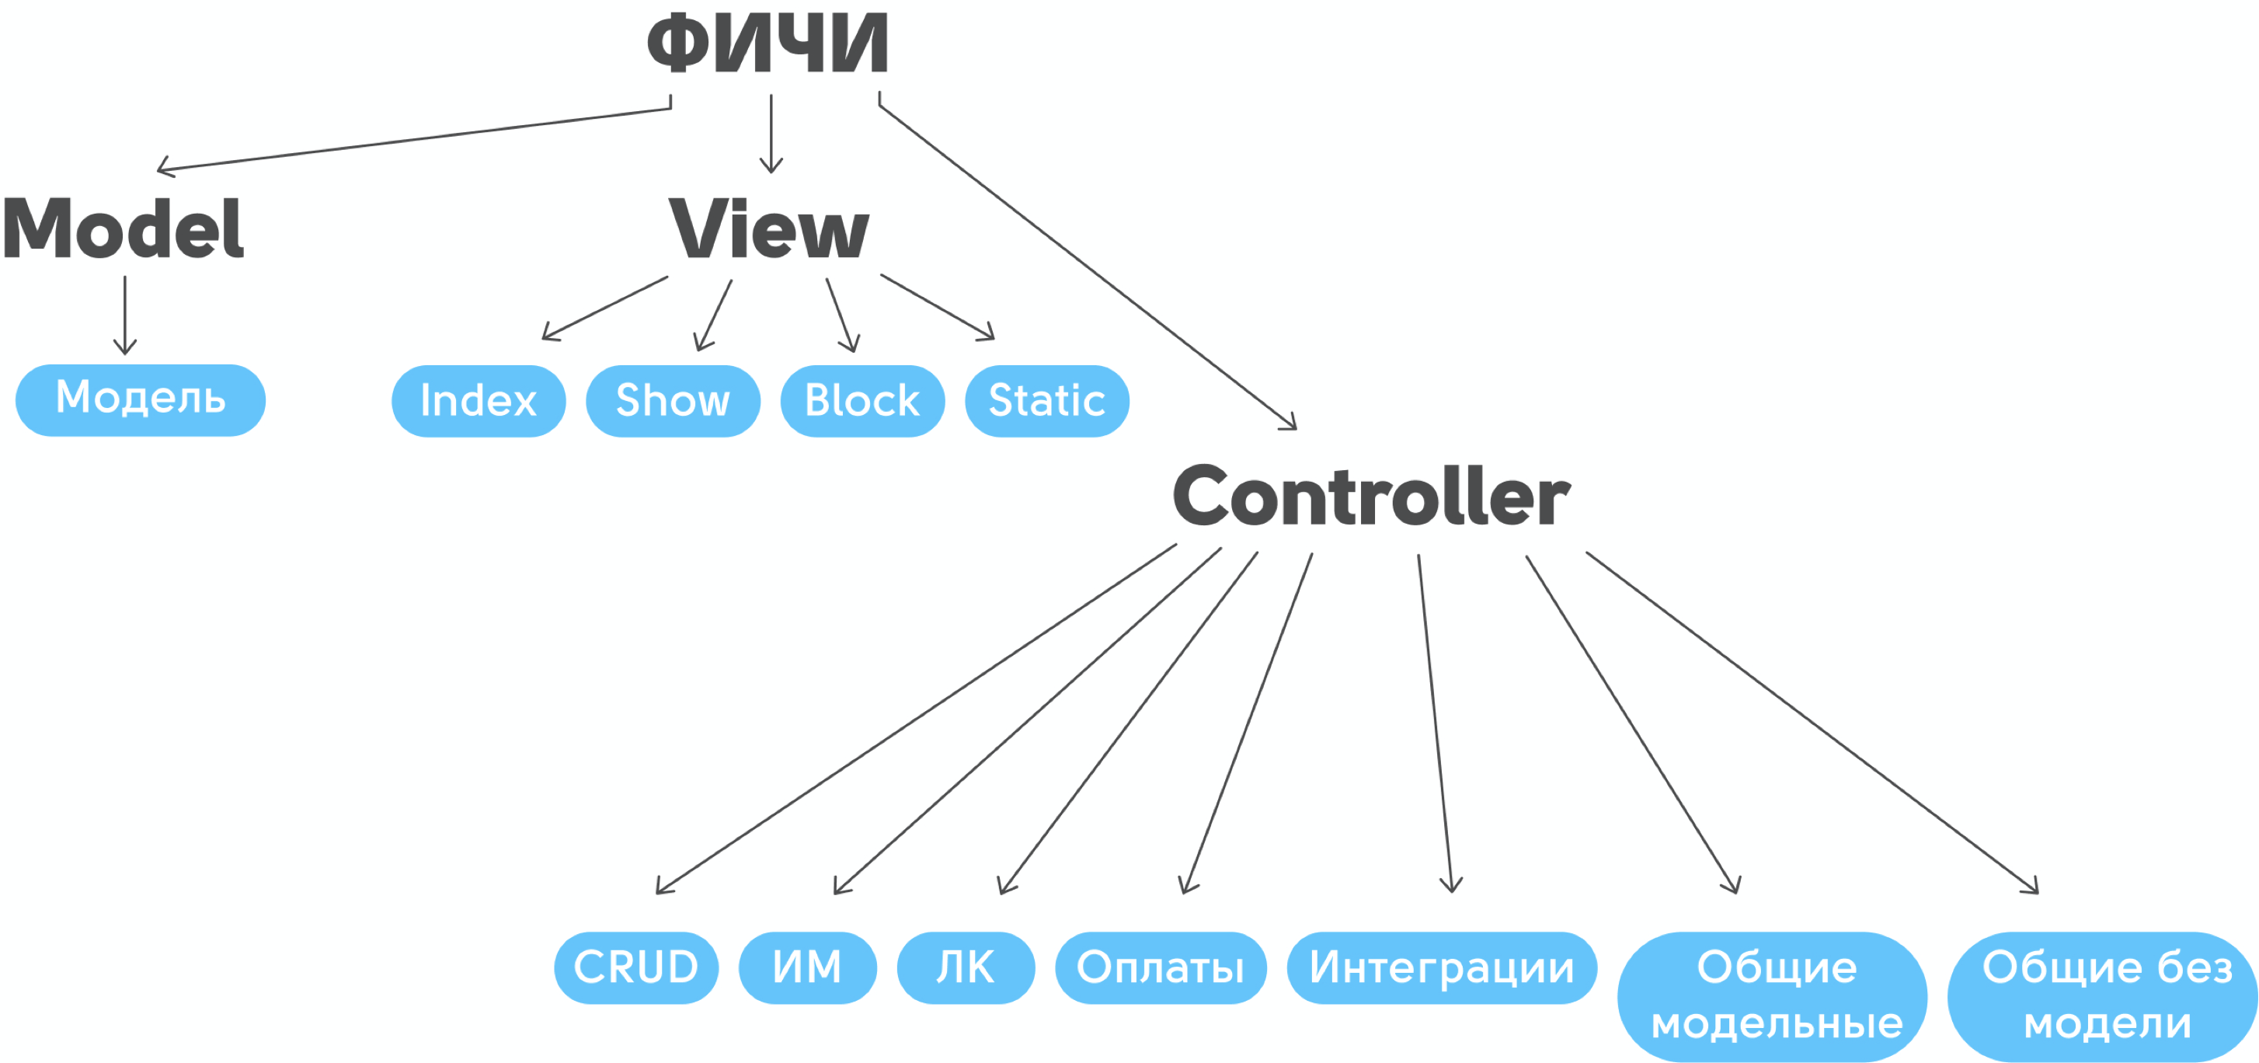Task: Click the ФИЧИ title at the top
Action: (768, 44)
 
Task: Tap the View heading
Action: (769, 230)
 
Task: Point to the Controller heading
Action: (1372, 497)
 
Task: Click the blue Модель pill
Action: (141, 400)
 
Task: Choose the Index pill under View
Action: (478, 401)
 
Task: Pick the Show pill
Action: (673, 401)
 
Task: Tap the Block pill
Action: (862, 401)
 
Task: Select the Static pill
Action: (1047, 401)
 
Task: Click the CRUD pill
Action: (635, 967)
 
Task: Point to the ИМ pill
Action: (807, 967)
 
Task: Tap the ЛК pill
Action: (966, 967)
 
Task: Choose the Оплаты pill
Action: (1161, 967)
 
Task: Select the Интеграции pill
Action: (1442, 967)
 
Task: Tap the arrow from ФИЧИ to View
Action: (771, 132)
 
